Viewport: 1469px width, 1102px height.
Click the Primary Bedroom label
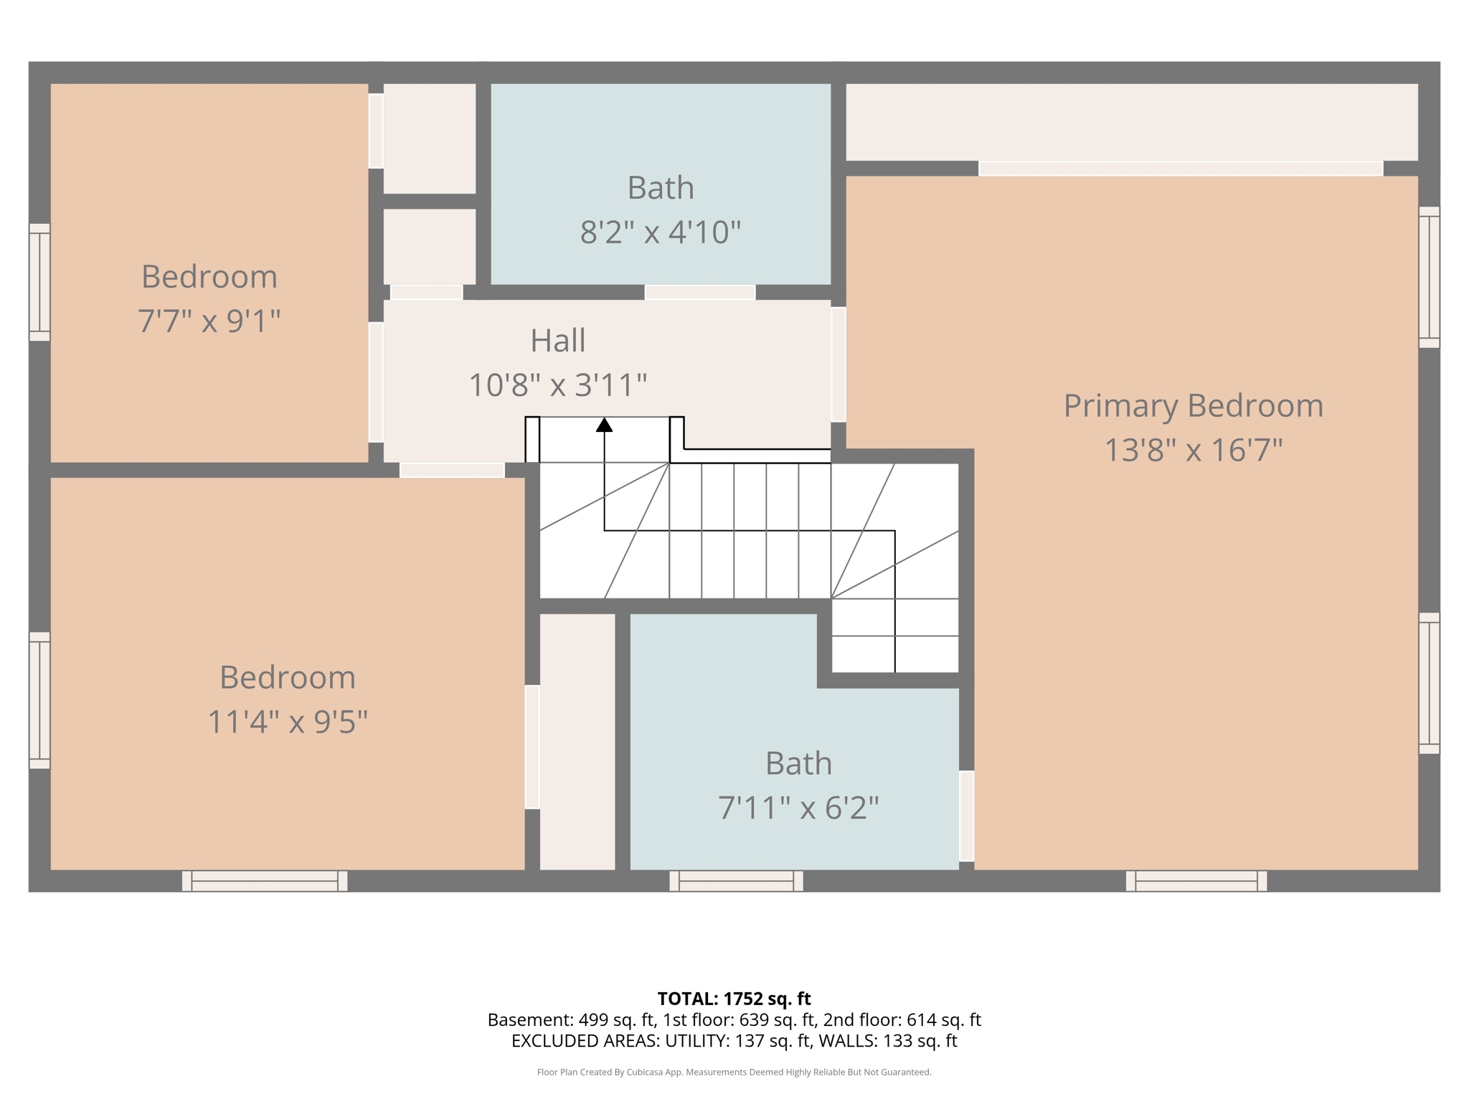(x=1193, y=406)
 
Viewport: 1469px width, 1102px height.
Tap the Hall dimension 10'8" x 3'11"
(x=557, y=385)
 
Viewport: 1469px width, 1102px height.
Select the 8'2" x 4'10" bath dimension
(x=660, y=232)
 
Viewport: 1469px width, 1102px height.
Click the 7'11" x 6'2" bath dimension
(x=798, y=809)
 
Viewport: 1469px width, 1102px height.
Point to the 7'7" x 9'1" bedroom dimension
(x=209, y=321)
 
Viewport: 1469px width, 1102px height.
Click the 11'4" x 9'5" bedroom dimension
(x=287, y=722)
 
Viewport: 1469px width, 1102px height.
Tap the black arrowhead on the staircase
(x=605, y=425)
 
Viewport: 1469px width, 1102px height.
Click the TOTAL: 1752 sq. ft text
(x=734, y=999)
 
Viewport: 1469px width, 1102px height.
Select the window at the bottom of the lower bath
(x=736, y=881)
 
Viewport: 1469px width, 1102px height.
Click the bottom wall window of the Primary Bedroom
(x=1196, y=881)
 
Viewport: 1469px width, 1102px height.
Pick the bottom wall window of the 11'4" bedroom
(x=265, y=881)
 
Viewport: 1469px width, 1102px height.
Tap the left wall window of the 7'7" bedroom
(x=39, y=282)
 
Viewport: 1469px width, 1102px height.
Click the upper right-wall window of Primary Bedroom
(x=1429, y=277)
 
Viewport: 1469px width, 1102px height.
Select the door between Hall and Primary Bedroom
(x=838, y=364)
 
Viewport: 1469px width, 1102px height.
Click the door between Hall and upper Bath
(x=700, y=292)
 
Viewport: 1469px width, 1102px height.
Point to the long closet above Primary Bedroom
(x=1131, y=122)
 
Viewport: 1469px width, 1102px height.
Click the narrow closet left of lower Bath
(x=577, y=741)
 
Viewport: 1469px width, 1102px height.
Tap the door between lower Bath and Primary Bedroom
(x=966, y=816)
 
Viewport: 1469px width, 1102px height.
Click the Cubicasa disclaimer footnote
(x=734, y=1073)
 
